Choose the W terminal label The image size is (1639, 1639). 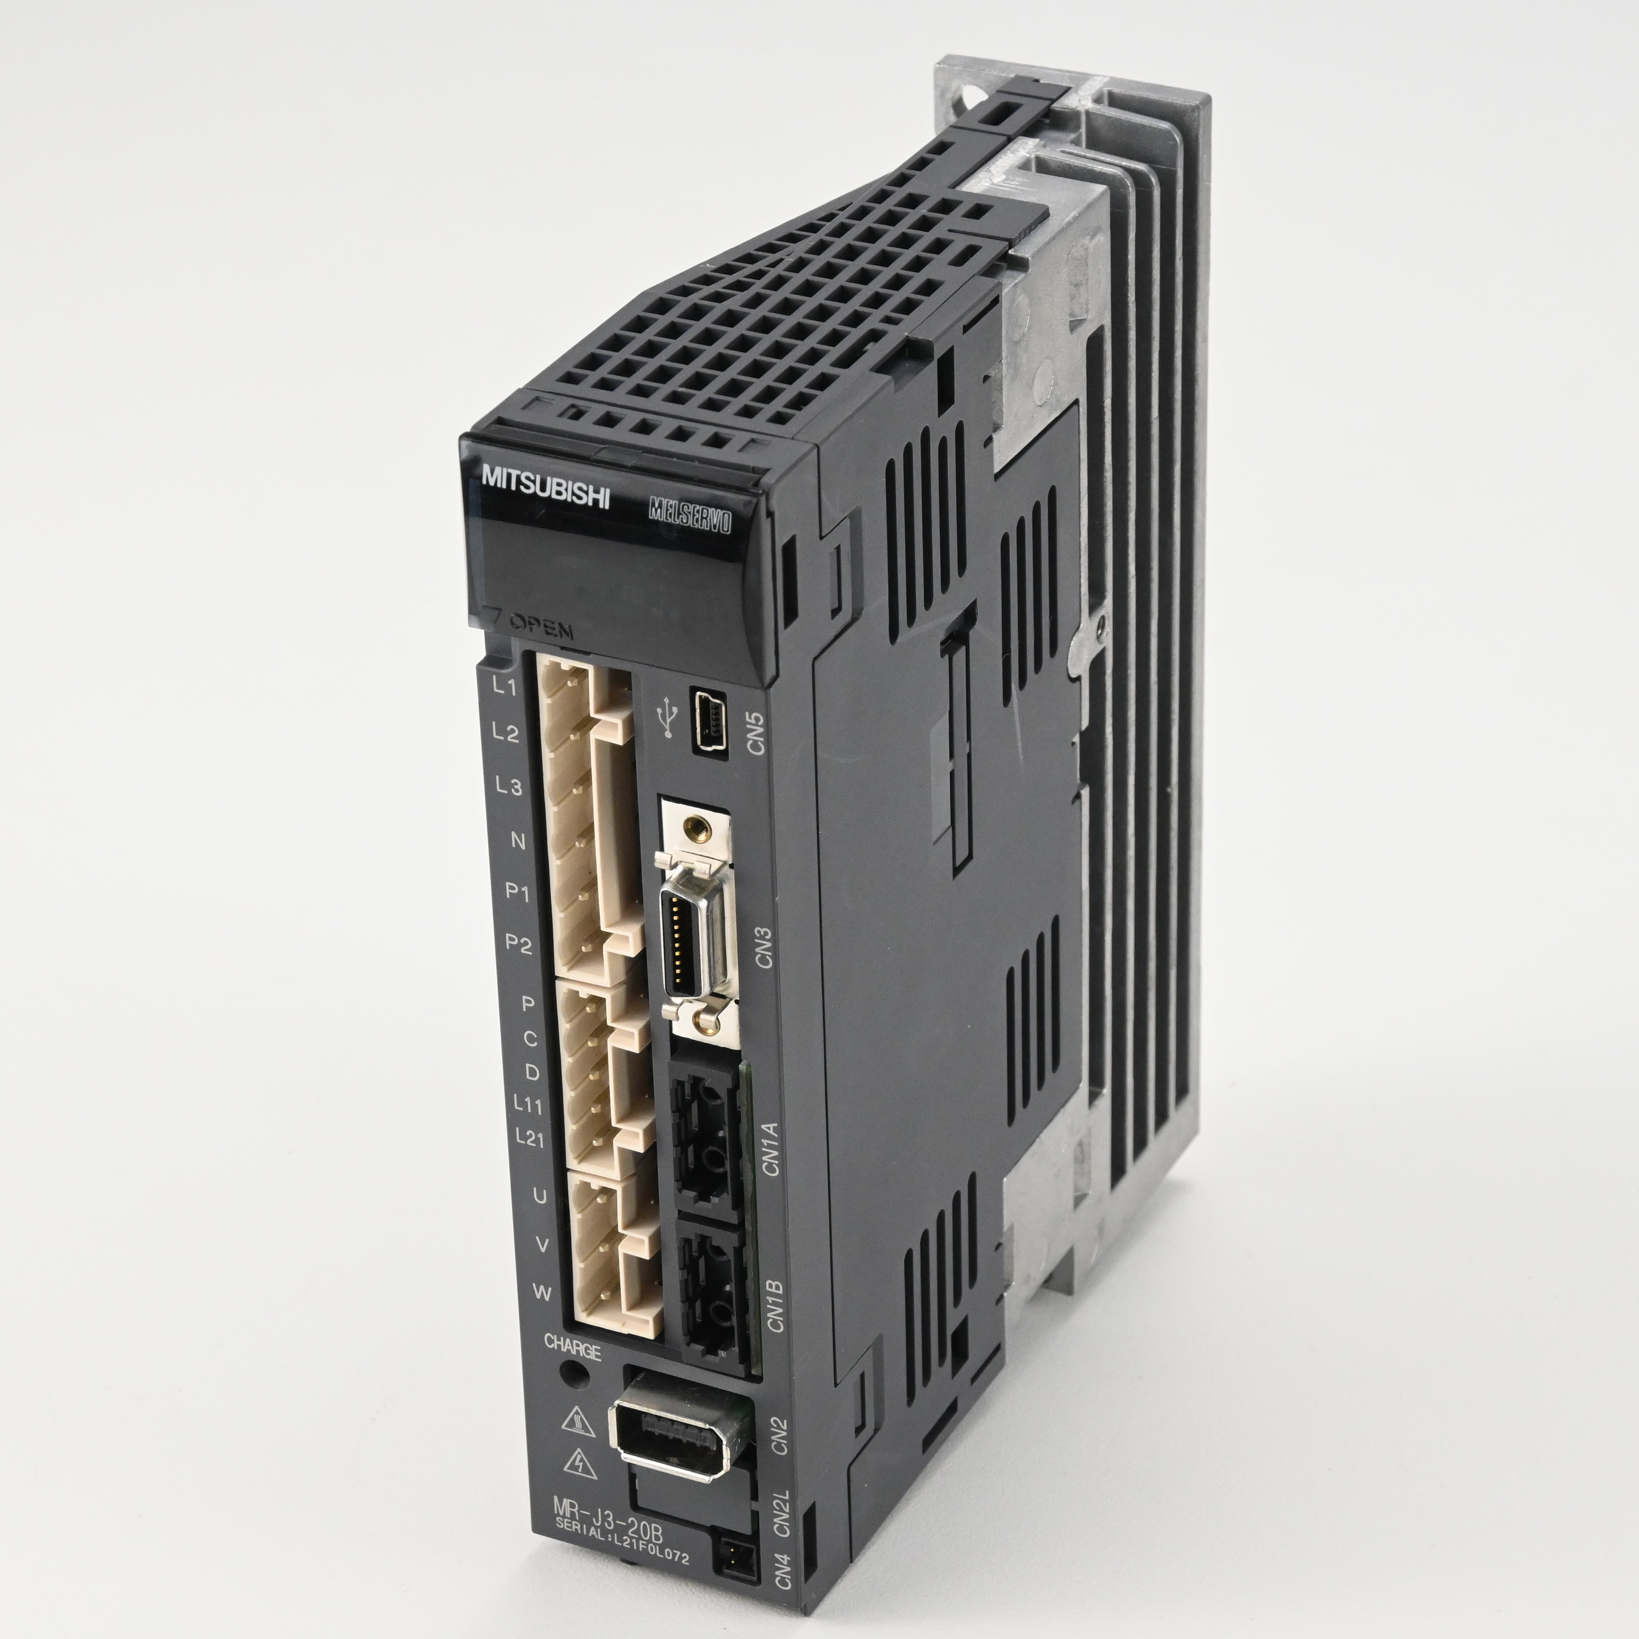click(x=541, y=1293)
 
